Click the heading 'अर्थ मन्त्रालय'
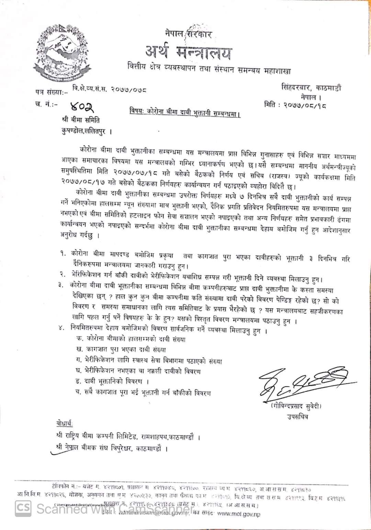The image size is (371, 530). (x=188, y=52)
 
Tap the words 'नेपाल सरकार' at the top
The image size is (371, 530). (x=188, y=34)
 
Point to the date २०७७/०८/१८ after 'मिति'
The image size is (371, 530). (x=305, y=105)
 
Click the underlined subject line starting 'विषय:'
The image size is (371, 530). (x=185, y=113)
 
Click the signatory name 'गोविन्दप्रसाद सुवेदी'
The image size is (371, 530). (x=296, y=406)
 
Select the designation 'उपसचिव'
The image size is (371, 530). (x=298, y=416)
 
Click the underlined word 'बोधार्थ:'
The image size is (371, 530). (x=65, y=423)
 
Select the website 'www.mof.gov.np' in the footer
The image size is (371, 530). (x=239, y=514)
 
